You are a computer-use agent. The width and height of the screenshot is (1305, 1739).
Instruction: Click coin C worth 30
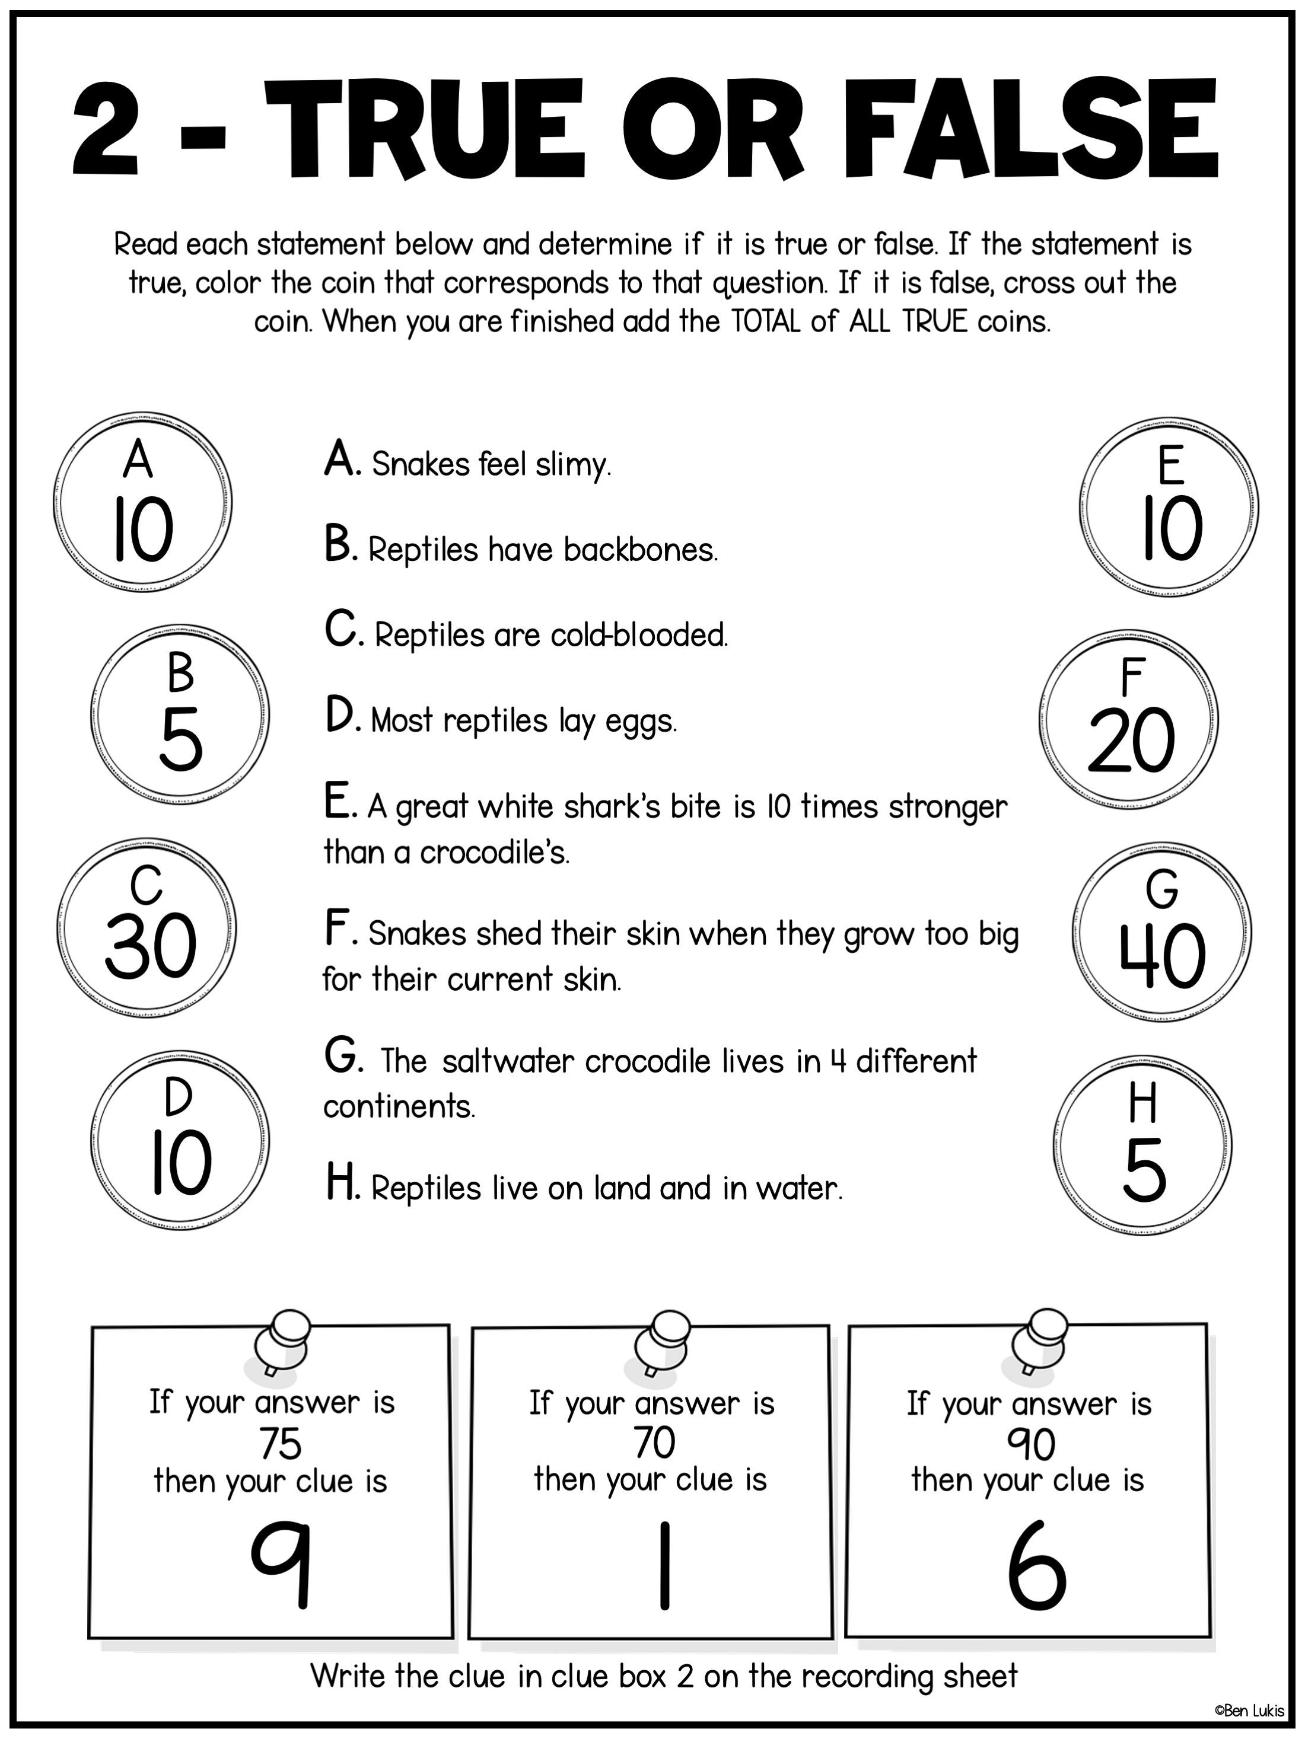pos(147,929)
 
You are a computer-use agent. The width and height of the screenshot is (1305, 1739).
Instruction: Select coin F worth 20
pos(1129,719)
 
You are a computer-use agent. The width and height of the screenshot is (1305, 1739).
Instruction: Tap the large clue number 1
pos(665,1565)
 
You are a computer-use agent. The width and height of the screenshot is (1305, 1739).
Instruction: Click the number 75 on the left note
pos(280,1443)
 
